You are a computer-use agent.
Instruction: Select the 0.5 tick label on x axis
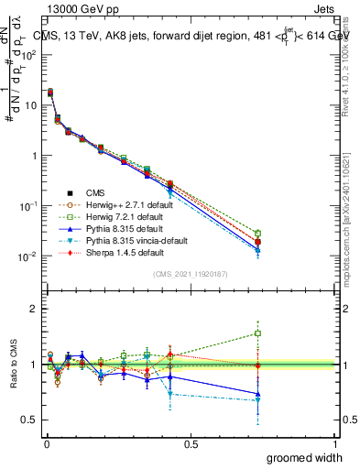click(x=191, y=443)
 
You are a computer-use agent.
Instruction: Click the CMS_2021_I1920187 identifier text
click(x=191, y=274)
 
